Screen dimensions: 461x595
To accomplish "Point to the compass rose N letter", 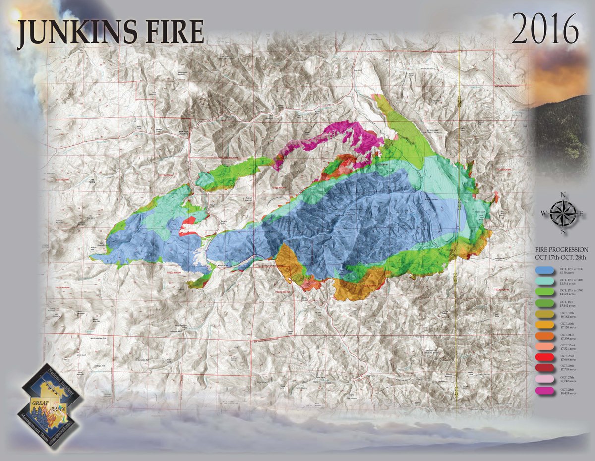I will click(562, 195).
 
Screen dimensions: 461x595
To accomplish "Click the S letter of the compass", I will click(562, 231).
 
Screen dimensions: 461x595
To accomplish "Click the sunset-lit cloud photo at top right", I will click(560, 74).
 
